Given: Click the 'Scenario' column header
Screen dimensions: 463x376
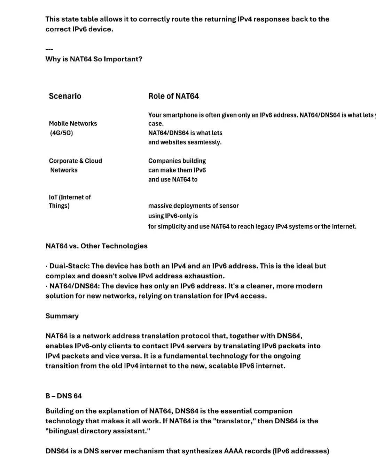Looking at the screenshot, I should click(65, 96).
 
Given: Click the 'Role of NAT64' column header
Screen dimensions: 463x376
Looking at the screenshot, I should click(173, 96).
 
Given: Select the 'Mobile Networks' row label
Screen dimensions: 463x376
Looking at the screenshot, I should click(73, 124).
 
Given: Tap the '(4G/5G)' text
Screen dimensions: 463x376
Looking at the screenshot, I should click(61, 133).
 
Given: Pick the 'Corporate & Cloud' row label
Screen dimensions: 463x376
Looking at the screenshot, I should click(75, 161).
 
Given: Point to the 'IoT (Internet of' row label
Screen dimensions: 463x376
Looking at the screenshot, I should click(70, 197).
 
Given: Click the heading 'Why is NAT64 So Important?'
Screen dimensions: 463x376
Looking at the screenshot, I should click(94, 59).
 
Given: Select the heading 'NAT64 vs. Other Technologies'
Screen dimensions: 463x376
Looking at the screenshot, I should click(96, 246).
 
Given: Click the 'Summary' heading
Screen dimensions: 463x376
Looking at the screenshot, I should click(62, 316).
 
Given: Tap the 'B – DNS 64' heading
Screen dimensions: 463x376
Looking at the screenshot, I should click(63, 396).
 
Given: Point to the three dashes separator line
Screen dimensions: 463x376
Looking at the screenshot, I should click(49, 49).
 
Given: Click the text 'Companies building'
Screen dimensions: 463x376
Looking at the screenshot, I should click(177, 161).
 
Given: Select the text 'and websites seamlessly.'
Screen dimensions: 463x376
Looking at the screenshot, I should click(185, 142).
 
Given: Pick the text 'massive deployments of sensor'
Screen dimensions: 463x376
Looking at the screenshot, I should click(194, 206).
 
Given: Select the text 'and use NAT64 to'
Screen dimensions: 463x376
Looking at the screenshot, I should click(173, 179).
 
